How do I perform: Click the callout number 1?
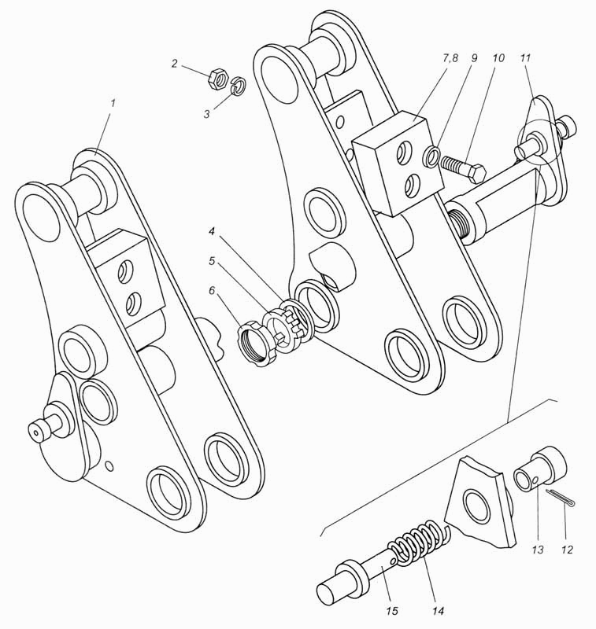pos(113,103)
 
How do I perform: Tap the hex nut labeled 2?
pos(218,79)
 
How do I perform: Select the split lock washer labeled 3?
pos(239,85)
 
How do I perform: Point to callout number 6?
pos(213,289)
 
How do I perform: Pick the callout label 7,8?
pos(450,57)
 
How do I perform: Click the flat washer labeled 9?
pos(431,156)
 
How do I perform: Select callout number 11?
pos(526,57)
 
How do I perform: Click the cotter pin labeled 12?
pos(562,498)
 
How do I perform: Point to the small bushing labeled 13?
pos(541,469)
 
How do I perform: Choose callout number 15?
pos(392,611)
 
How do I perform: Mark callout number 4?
pos(213,231)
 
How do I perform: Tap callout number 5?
pos(213,261)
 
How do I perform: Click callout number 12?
pos(567,549)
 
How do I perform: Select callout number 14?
pos(439,611)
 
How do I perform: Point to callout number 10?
pos(498,57)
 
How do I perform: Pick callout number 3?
pos(206,114)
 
